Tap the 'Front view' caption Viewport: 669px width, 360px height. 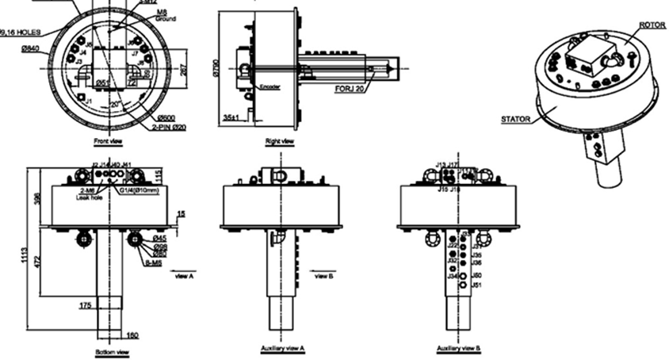[x=107, y=142]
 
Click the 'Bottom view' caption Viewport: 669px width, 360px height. [x=111, y=351]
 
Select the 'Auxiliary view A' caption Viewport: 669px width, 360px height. [x=283, y=348]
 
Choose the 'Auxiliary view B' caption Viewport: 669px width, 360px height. [x=458, y=348]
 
